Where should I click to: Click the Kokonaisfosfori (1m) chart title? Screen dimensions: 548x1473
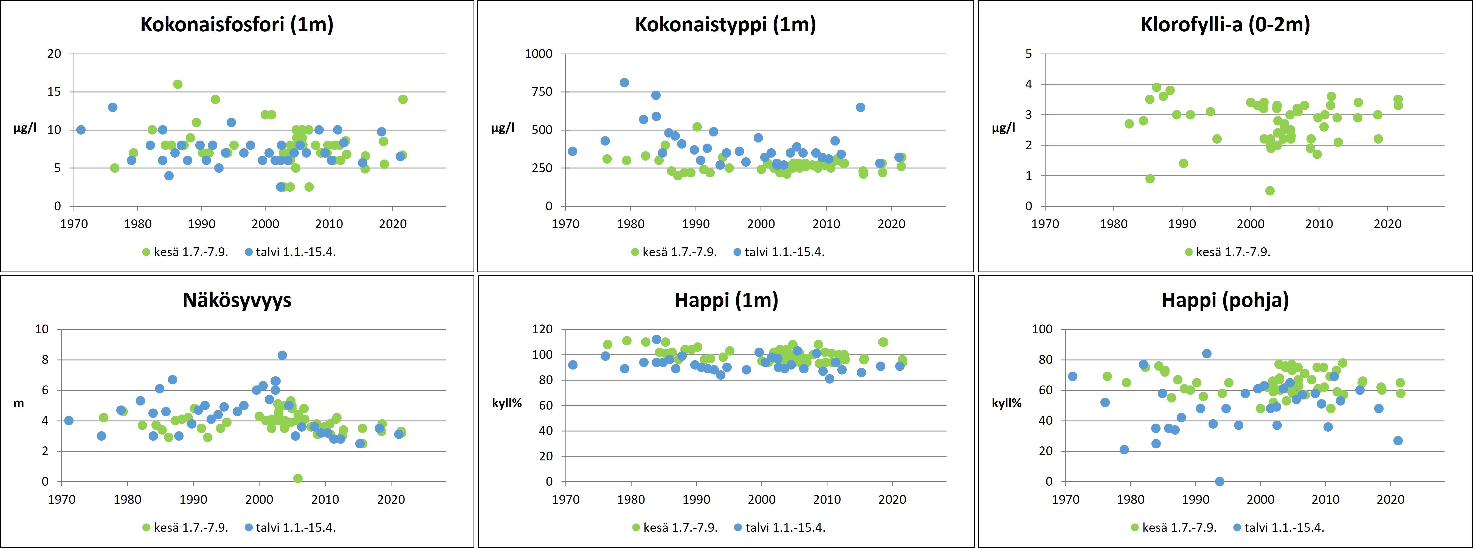tap(237, 25)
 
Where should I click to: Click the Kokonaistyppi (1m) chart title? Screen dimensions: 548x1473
tap(725, 25)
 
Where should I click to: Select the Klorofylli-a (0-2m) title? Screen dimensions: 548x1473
tap(1225, 25)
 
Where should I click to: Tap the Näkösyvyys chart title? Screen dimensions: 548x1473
tap(237, 300)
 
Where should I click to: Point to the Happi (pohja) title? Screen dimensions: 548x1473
tap(1225, 300)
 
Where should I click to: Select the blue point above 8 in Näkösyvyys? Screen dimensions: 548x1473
tap(282, 355)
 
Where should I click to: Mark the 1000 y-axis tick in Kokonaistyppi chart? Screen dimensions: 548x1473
tap(539, 54)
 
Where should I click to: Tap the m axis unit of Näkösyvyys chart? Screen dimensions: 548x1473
tap(19, 403)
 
